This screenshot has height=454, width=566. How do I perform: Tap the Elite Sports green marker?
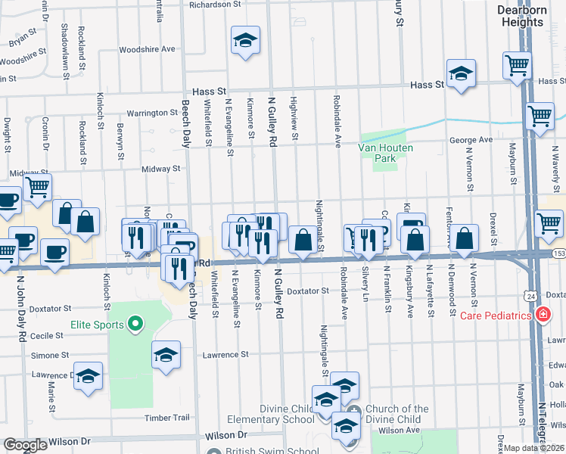pos(136,325)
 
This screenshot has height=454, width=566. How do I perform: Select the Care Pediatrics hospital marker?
pos(543,315)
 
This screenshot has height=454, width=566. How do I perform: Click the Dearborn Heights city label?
pos(521,16)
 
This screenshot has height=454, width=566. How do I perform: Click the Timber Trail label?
pos(166,418)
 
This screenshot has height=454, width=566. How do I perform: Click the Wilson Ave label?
pos(399,430)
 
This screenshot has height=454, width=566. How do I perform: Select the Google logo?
pos(25,445)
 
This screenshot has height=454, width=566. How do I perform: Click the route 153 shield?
pos(558,252)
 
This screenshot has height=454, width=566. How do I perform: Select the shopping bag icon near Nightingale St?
pos(303,240)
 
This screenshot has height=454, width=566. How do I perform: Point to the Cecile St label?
pos(45,335)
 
